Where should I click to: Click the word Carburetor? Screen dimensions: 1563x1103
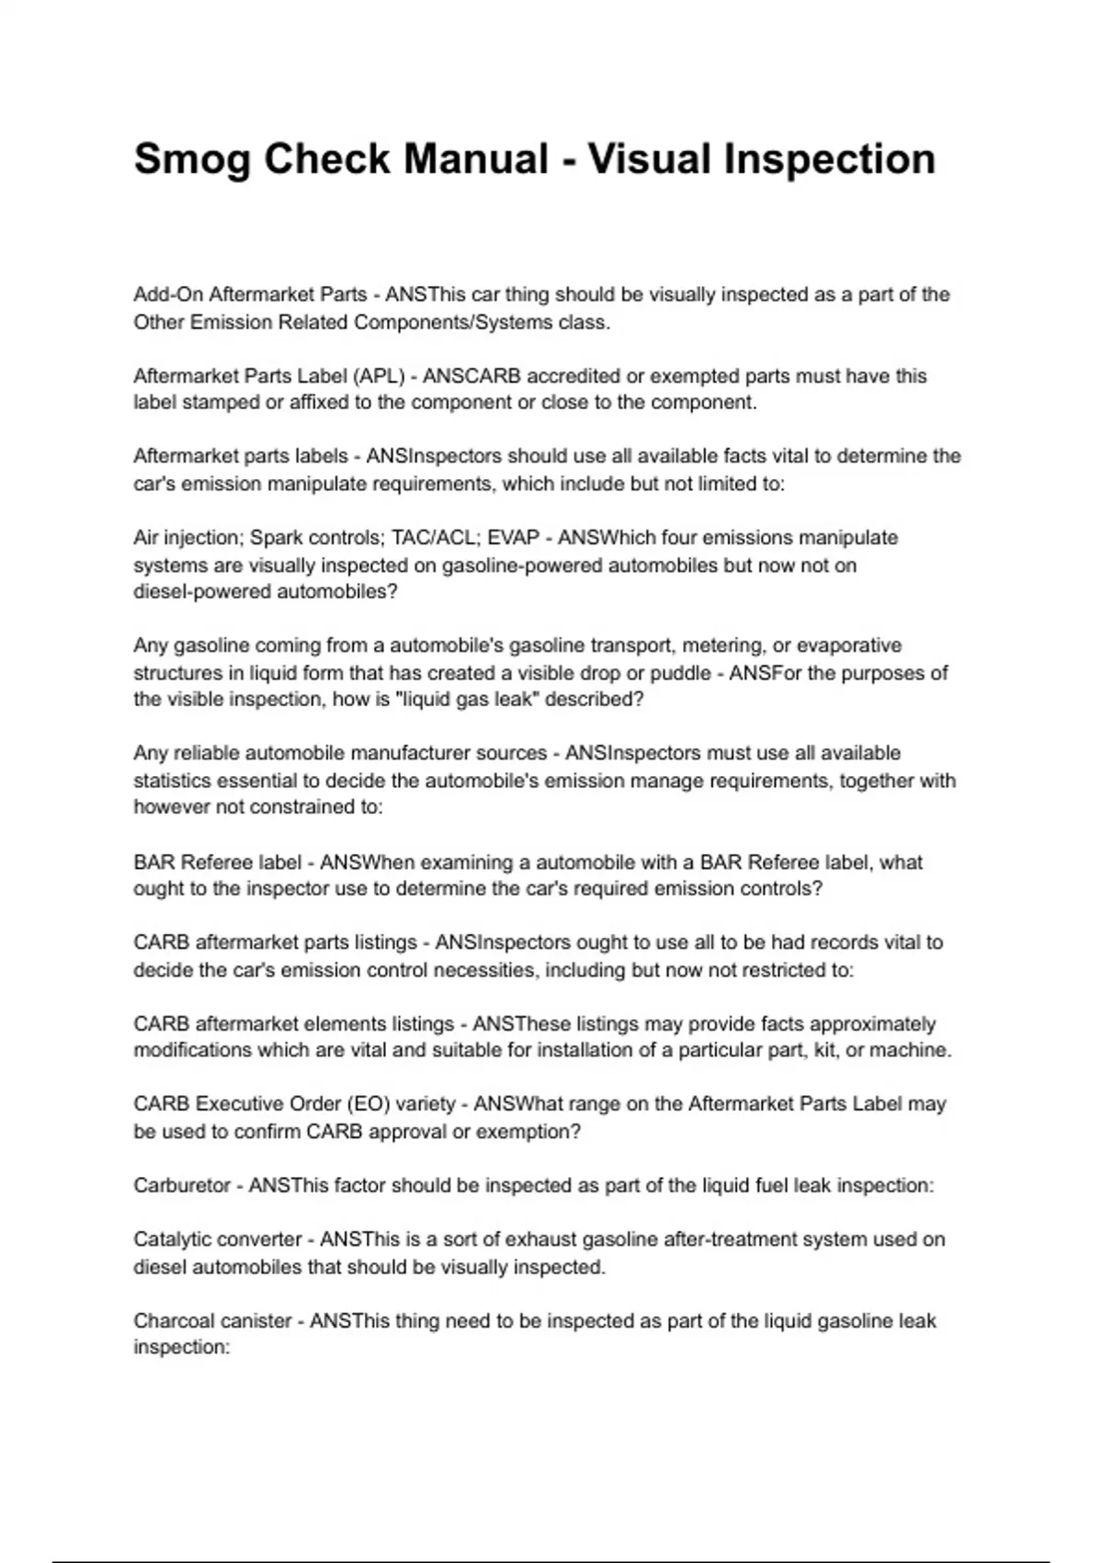[x=182, y=1186]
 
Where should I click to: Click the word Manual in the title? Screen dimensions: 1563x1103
[x=475, y=160]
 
